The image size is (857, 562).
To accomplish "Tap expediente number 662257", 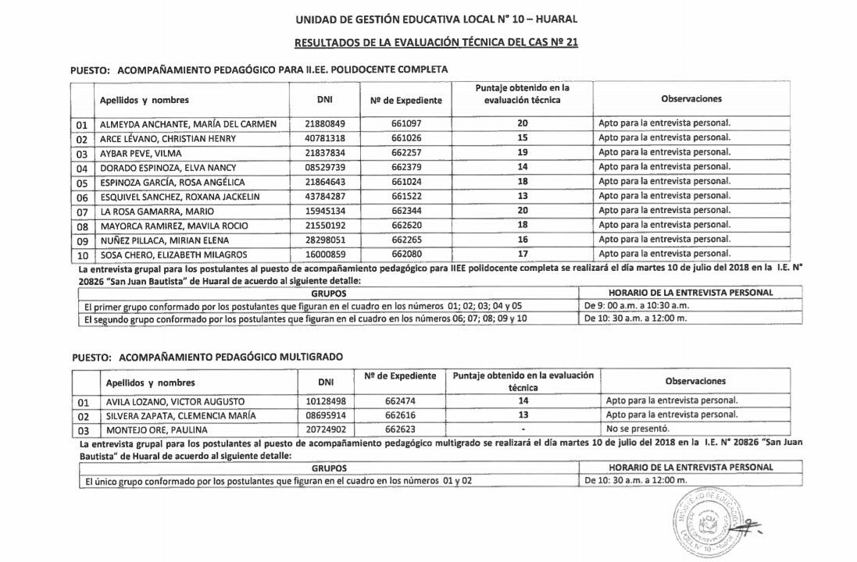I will click(406, 152).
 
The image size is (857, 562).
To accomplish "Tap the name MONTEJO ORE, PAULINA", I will click(148, 430).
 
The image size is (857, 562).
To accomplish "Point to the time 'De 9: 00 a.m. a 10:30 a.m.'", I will click(637, 306).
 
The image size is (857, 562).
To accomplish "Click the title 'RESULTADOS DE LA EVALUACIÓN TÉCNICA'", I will click(436, 42).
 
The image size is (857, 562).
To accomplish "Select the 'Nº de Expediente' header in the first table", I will click(405, 100).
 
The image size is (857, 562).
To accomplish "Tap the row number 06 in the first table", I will click(81, 197).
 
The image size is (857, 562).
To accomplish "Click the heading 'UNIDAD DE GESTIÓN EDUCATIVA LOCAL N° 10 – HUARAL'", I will click(436, 18).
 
